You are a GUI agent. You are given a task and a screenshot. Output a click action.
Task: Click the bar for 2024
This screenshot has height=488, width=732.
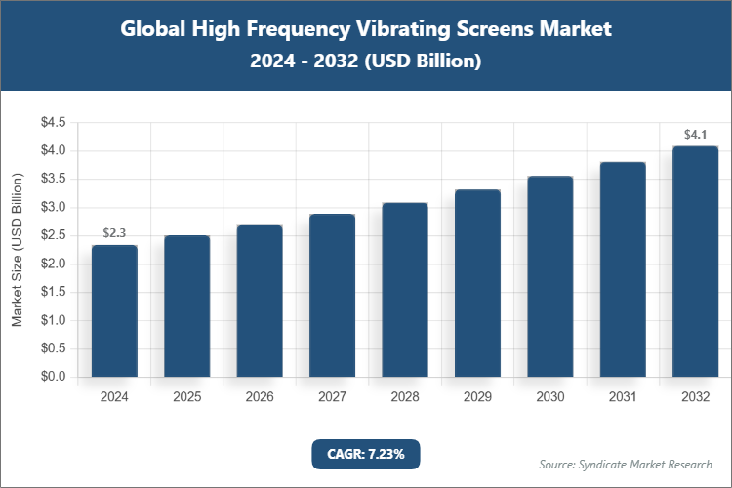114,310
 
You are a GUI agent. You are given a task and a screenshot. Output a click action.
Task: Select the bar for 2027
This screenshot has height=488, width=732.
332,295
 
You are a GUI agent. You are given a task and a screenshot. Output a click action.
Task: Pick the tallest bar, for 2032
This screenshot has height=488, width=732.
695,262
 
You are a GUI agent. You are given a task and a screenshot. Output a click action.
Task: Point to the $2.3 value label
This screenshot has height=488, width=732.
114,233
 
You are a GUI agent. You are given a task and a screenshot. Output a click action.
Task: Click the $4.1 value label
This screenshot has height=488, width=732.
695,135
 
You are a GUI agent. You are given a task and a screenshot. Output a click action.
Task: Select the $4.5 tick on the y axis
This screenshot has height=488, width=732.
52,123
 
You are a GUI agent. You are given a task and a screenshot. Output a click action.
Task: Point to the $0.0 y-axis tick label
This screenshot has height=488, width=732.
52,377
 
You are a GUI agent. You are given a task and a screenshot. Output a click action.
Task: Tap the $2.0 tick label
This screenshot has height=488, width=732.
52,264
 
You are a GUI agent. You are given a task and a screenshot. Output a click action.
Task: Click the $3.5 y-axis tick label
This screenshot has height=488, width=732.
52,180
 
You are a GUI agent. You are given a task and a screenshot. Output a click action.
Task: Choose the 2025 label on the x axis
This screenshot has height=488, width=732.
187,397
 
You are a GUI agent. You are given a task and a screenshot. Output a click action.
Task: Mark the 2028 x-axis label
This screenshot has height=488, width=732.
405,397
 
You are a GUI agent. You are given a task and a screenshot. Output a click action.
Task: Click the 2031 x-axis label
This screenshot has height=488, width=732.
623,397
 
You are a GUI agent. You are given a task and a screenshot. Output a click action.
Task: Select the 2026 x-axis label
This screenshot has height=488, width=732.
260,397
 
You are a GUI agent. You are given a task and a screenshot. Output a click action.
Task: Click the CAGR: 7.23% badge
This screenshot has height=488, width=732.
366,453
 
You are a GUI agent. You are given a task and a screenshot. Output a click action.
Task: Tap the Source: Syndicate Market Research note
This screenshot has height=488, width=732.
626,464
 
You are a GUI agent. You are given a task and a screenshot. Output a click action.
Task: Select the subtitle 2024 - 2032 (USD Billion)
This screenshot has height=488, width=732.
366,61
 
